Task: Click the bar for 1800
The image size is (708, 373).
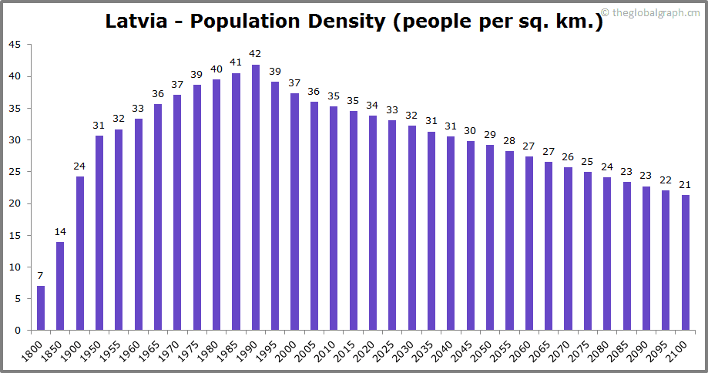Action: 41,308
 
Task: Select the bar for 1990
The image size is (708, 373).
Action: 256,197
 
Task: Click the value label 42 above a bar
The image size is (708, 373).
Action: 256,54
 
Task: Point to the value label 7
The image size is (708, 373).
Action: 41,276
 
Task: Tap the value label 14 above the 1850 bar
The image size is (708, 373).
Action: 60,232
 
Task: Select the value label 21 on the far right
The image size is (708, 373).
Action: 686,185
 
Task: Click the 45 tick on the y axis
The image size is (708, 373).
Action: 15,45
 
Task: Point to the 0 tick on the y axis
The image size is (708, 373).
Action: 18,331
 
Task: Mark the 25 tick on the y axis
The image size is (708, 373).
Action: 15,172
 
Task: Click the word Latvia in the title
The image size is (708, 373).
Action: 139,21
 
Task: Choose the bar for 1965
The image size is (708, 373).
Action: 158,217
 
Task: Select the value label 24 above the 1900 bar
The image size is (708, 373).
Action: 80,166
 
